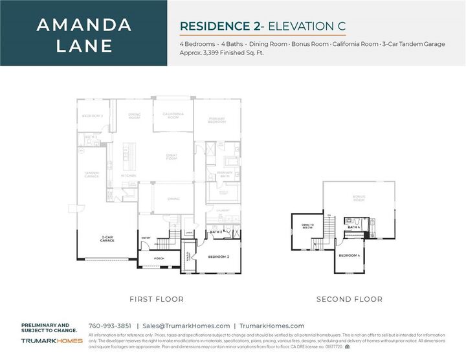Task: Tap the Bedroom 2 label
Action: pos(219,257)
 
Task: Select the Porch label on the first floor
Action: pos(159,258)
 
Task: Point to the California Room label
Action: pos(173,116)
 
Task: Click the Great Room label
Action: pos(172,157)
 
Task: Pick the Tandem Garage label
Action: pos(91,175)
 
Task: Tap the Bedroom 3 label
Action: pos(92,116)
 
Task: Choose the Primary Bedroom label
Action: pos(216,120)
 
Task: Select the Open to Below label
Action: pos(307,227)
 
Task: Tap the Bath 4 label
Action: pos(353,227)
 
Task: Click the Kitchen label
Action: pos(128,175)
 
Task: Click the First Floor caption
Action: pos(157,299)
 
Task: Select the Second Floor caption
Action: pos(349,299)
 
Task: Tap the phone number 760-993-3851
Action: pos(109,326)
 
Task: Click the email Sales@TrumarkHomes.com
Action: pos(186,326)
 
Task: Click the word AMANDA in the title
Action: pos(84,25)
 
